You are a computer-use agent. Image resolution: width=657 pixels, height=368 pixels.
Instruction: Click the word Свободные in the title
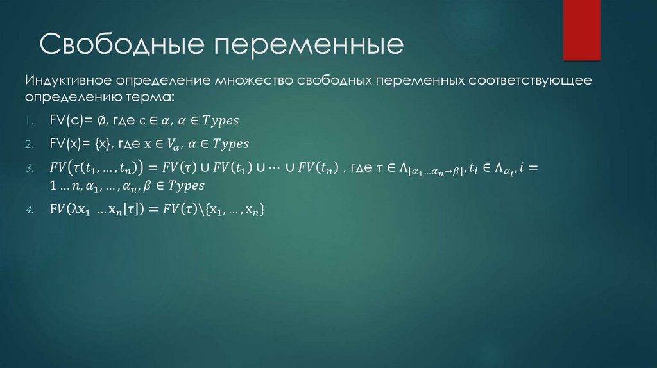[119, 46]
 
